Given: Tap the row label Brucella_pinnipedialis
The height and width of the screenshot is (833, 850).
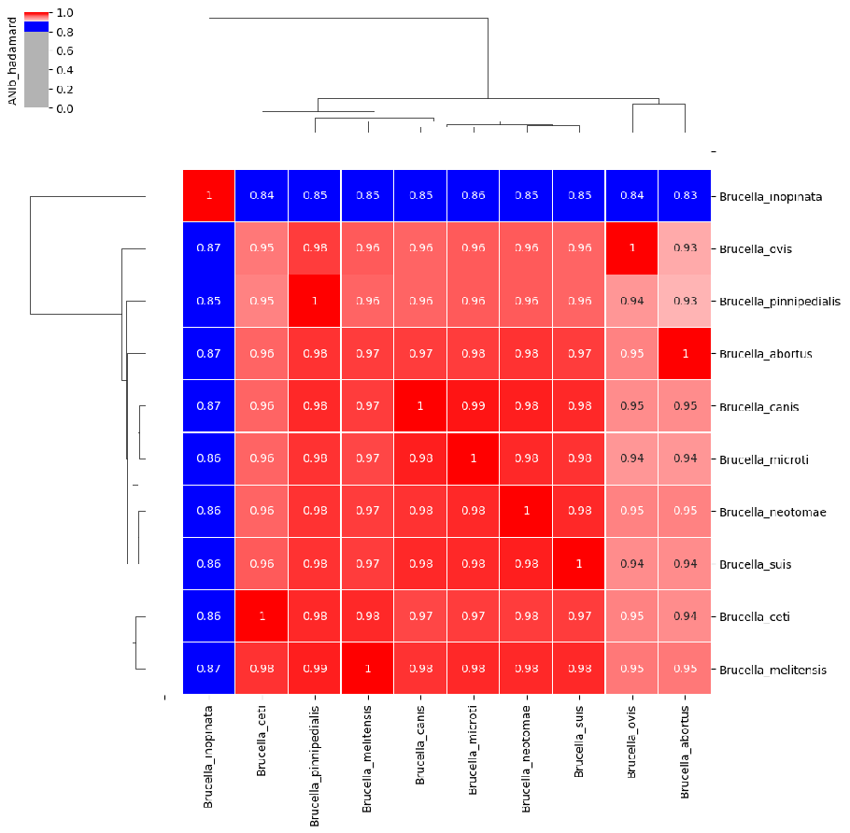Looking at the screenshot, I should [x=780, y=302].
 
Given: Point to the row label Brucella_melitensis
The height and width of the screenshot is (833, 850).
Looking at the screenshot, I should [x=772, y=670].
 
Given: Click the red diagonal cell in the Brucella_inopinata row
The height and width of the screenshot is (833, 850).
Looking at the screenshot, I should [x=208, y=196].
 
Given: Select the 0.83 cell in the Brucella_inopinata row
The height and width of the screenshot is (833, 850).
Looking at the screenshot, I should [x=684, y=196].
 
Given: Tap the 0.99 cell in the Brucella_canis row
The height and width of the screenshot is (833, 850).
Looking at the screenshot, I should [x=473, y=406].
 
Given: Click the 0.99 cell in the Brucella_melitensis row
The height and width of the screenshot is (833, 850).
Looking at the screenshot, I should [x=314, y=669].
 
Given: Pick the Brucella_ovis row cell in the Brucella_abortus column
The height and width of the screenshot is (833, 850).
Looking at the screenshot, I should [x=684, y=249].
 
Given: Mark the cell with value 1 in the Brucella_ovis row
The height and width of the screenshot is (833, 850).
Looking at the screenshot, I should [x=631, y=249].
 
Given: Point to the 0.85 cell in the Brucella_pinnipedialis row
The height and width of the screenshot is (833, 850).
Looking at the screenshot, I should [x=208, y=302].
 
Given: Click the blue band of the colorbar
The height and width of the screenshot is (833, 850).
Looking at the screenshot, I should [x=35, y=27].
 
